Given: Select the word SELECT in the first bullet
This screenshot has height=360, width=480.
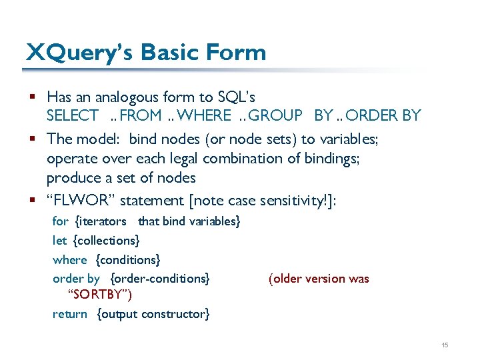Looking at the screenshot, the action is point(72,115).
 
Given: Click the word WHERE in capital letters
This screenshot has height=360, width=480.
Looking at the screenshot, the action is point(205,115).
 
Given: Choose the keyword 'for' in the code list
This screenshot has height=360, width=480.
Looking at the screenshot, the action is point(60,221).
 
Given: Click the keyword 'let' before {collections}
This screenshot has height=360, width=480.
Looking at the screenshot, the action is point(59,240).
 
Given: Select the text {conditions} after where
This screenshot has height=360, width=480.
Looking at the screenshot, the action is point(128,259).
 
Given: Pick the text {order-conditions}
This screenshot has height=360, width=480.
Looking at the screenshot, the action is point(160,279).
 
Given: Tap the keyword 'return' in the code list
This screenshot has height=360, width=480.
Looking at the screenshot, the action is point(70,313).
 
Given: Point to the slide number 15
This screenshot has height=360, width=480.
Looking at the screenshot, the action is point(445,345).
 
